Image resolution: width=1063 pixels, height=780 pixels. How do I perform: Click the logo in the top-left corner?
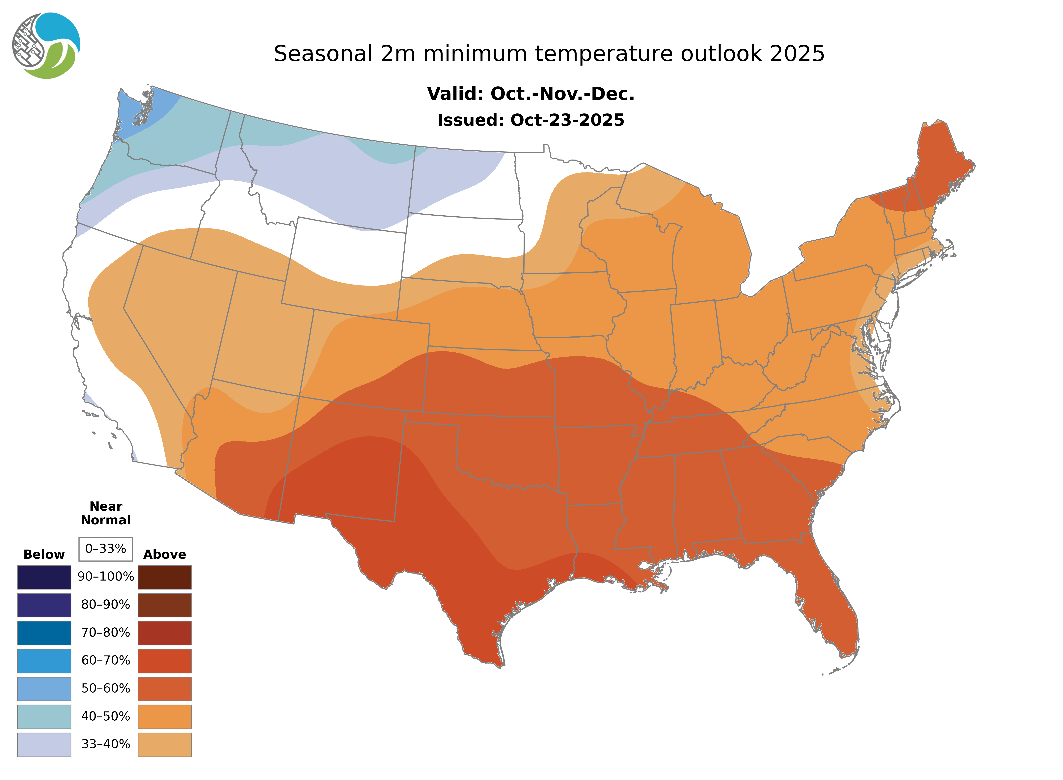(x=46, y=46)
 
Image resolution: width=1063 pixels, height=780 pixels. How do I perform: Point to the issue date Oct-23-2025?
(x=567, y=120)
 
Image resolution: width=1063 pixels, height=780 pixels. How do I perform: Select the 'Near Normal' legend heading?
(x=106, y=513)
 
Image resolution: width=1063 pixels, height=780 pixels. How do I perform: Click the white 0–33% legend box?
(x=106, y=549)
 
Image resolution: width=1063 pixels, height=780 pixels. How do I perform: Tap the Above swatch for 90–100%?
(x=165, y=577)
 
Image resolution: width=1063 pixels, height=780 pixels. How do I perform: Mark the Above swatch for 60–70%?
(x=165, y=661)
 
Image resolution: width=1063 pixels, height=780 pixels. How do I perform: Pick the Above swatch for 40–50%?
(x=165, y=716)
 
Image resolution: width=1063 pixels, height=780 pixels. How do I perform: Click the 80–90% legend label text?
(x=106, y=605)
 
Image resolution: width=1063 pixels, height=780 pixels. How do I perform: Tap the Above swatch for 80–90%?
(x=165, y=605)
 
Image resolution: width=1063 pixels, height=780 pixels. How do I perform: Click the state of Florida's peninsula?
(x=830, y=609)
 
